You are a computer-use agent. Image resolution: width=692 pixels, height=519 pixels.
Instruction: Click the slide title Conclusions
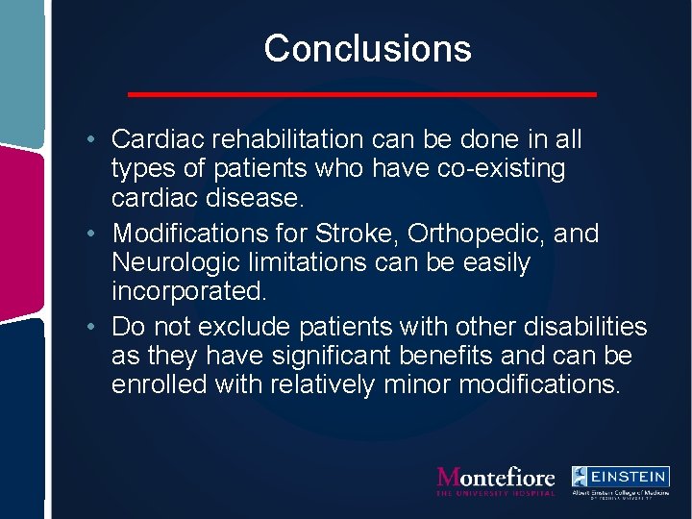tap(367, 48)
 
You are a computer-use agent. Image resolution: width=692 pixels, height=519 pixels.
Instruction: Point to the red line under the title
tap(362, 94)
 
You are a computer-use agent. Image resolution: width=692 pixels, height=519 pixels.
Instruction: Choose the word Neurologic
tap(183, 262)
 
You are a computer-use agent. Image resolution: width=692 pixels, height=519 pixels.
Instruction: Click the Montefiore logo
tap(496, 480)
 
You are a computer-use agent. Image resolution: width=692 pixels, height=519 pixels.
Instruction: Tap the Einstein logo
tap(619, 481)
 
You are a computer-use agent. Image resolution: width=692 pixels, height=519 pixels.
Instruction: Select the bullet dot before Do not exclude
tap(88, 328)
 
